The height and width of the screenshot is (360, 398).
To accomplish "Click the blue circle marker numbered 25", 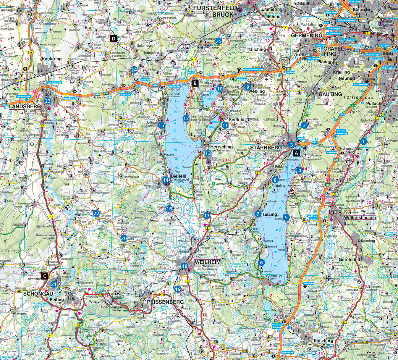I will point(219,41).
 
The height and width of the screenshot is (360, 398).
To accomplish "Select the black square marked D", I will point(113,38).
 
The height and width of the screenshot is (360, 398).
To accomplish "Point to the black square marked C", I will point(45,276).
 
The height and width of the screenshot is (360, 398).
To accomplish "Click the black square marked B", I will point(195,83).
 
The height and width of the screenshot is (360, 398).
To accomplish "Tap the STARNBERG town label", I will point(266,147).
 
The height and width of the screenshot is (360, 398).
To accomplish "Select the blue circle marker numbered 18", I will point(185,266).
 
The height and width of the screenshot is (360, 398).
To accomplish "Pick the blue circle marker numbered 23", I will point(48,101).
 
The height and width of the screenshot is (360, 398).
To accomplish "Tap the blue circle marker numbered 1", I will point(364,141).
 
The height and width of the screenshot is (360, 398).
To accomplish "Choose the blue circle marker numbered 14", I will point(166,180).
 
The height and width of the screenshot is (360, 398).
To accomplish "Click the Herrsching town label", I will point(221,147).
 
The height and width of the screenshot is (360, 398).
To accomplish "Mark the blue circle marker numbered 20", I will point(124,238).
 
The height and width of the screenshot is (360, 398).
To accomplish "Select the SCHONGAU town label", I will point(35,294).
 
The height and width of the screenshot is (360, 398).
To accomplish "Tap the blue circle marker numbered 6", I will point(261,262).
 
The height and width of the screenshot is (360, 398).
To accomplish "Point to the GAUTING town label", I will point(330,94).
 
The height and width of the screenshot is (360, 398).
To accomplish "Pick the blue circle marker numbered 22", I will point(96,213).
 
